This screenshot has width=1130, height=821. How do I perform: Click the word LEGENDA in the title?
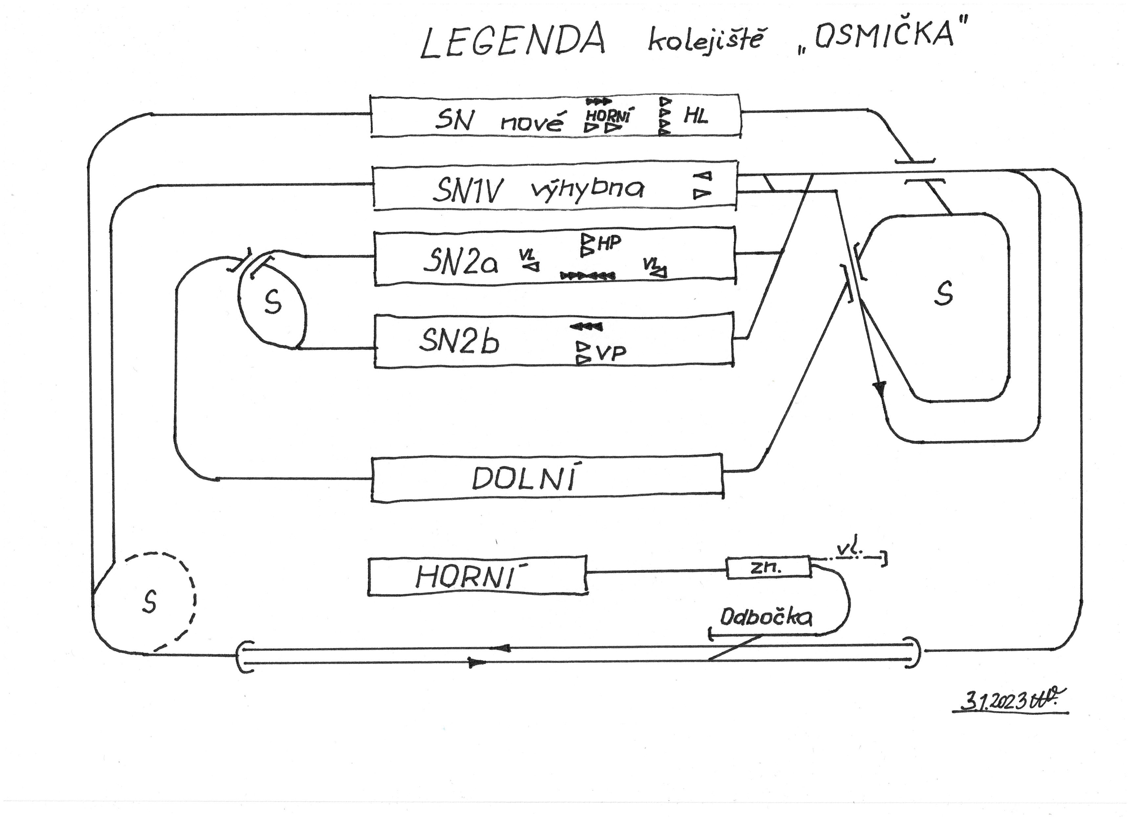(513, 41)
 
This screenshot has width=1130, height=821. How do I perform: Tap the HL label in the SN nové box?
(696, 117)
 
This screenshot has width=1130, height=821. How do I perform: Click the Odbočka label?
(766, 618)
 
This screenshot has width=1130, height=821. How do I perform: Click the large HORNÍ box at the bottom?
(477, 576)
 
